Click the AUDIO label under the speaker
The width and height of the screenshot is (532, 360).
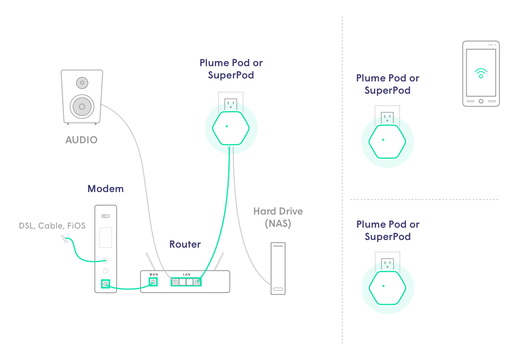coord(81,140)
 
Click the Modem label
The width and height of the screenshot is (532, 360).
coord(106,189)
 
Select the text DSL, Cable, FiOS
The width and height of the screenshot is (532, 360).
coord(52,226)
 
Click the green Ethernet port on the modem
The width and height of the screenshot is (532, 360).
coord(105,284)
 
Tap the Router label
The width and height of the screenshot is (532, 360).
coord(185,244)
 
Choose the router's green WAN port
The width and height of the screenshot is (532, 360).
coord(153,282)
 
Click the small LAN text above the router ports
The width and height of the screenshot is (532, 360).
coord(187,275)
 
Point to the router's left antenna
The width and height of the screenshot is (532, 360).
coord(149,261)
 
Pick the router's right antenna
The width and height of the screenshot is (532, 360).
coord(219,262)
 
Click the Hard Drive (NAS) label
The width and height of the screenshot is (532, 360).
coord(278,217)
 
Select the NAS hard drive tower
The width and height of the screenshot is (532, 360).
coord(278,268)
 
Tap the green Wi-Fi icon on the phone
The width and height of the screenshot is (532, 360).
coord(481,73)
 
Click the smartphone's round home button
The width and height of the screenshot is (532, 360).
coord(481,101)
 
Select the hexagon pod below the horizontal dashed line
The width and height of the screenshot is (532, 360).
coord(386,287)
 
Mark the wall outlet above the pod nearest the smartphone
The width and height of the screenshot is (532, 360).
coord(386,117)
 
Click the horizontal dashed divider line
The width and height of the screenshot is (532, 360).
coord(424,199)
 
